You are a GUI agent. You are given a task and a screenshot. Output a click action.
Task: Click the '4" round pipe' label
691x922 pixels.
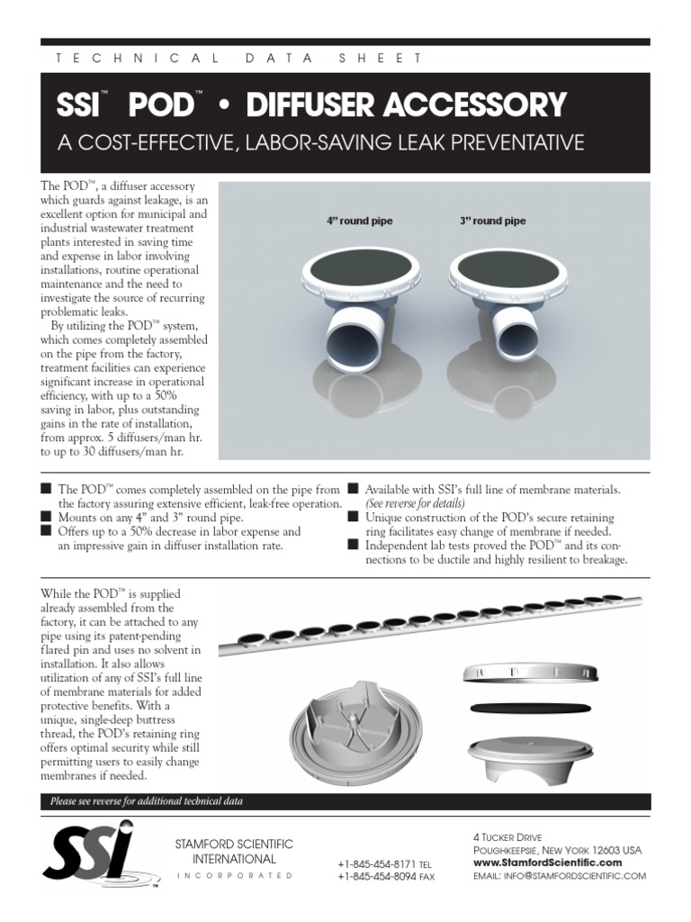coord(359,221)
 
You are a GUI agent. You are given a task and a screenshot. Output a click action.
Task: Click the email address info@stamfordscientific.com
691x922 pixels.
coord(559,875)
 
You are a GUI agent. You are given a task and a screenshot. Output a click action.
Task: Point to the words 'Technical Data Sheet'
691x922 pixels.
coord(238,58)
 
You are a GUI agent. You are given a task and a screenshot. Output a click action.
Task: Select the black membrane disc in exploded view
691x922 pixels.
coord(531,708)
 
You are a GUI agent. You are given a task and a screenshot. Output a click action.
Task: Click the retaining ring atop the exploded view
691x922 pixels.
coord(531,674)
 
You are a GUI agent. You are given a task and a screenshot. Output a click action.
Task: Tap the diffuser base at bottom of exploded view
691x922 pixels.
coord(531,755)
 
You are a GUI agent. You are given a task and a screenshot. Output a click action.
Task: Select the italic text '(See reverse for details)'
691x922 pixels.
coord(415,503)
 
